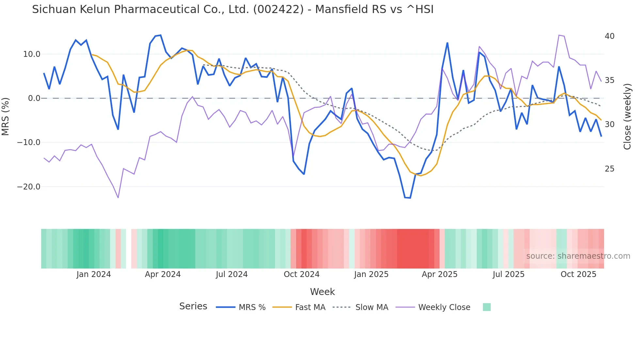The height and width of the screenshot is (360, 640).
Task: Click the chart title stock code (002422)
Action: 279,9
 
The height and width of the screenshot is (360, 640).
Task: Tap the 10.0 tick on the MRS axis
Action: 32,54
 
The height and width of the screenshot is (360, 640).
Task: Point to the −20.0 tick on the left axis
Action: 29,187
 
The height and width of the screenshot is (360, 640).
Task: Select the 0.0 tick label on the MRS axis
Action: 34,98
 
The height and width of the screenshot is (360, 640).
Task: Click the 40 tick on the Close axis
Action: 609,36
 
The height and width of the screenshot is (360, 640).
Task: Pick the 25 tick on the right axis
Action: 609,169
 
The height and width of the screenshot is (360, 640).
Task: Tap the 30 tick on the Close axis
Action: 609,124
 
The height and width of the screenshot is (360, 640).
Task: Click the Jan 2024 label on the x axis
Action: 94,274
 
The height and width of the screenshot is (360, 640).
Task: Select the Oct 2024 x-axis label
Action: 301,274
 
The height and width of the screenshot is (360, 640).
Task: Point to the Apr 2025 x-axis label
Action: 440,274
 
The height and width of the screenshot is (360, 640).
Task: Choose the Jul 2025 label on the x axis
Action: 508,274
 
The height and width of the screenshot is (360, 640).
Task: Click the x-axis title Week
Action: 322,292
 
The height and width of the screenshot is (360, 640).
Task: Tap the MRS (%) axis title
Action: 6,116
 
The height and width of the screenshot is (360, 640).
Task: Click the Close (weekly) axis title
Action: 627,117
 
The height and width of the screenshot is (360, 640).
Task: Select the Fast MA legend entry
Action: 310,307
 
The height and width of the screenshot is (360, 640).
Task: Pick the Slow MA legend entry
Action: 372,307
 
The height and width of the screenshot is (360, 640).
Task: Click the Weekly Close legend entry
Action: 444,307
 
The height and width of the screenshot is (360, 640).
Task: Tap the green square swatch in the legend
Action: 487,307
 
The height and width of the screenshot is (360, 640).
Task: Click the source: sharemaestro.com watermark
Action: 578,256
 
